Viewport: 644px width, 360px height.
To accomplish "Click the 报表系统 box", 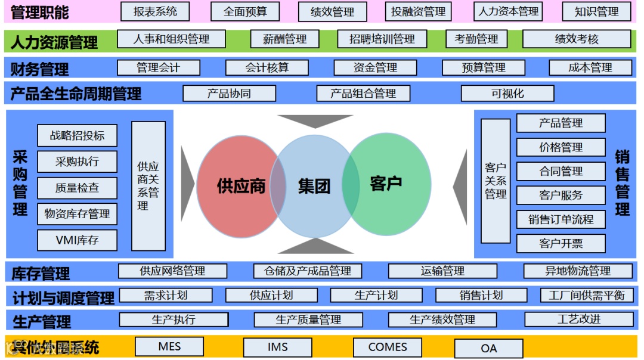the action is pos(156,11).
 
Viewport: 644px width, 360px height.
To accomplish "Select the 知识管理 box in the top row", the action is pos(596,11).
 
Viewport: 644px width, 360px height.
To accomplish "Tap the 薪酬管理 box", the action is pos(285,39).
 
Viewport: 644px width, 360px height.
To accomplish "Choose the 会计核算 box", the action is pos(267,68).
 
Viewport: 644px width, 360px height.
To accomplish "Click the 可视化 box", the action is pos(507,94).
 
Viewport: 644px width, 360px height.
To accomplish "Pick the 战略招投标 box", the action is pos(77,136).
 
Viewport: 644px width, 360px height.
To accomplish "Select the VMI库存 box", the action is pos(77,240).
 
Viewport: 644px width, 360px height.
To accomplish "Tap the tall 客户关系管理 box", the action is pos(496,181).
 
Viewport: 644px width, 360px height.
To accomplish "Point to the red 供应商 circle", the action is pos(236,186).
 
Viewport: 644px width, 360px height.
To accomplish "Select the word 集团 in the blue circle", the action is pos(314,186).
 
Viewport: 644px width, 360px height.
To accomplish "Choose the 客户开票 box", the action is pos(561,243).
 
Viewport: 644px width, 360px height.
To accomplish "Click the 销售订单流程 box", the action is pos(561,219).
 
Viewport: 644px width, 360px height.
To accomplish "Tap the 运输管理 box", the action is pos(442,271).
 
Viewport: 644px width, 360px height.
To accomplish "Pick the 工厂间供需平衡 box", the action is pos(586,295).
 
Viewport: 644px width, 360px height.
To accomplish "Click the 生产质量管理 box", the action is pos(308,319).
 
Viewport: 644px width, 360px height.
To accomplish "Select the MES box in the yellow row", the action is pos(169,347).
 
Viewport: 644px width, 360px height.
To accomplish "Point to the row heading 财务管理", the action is pos(39,69).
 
